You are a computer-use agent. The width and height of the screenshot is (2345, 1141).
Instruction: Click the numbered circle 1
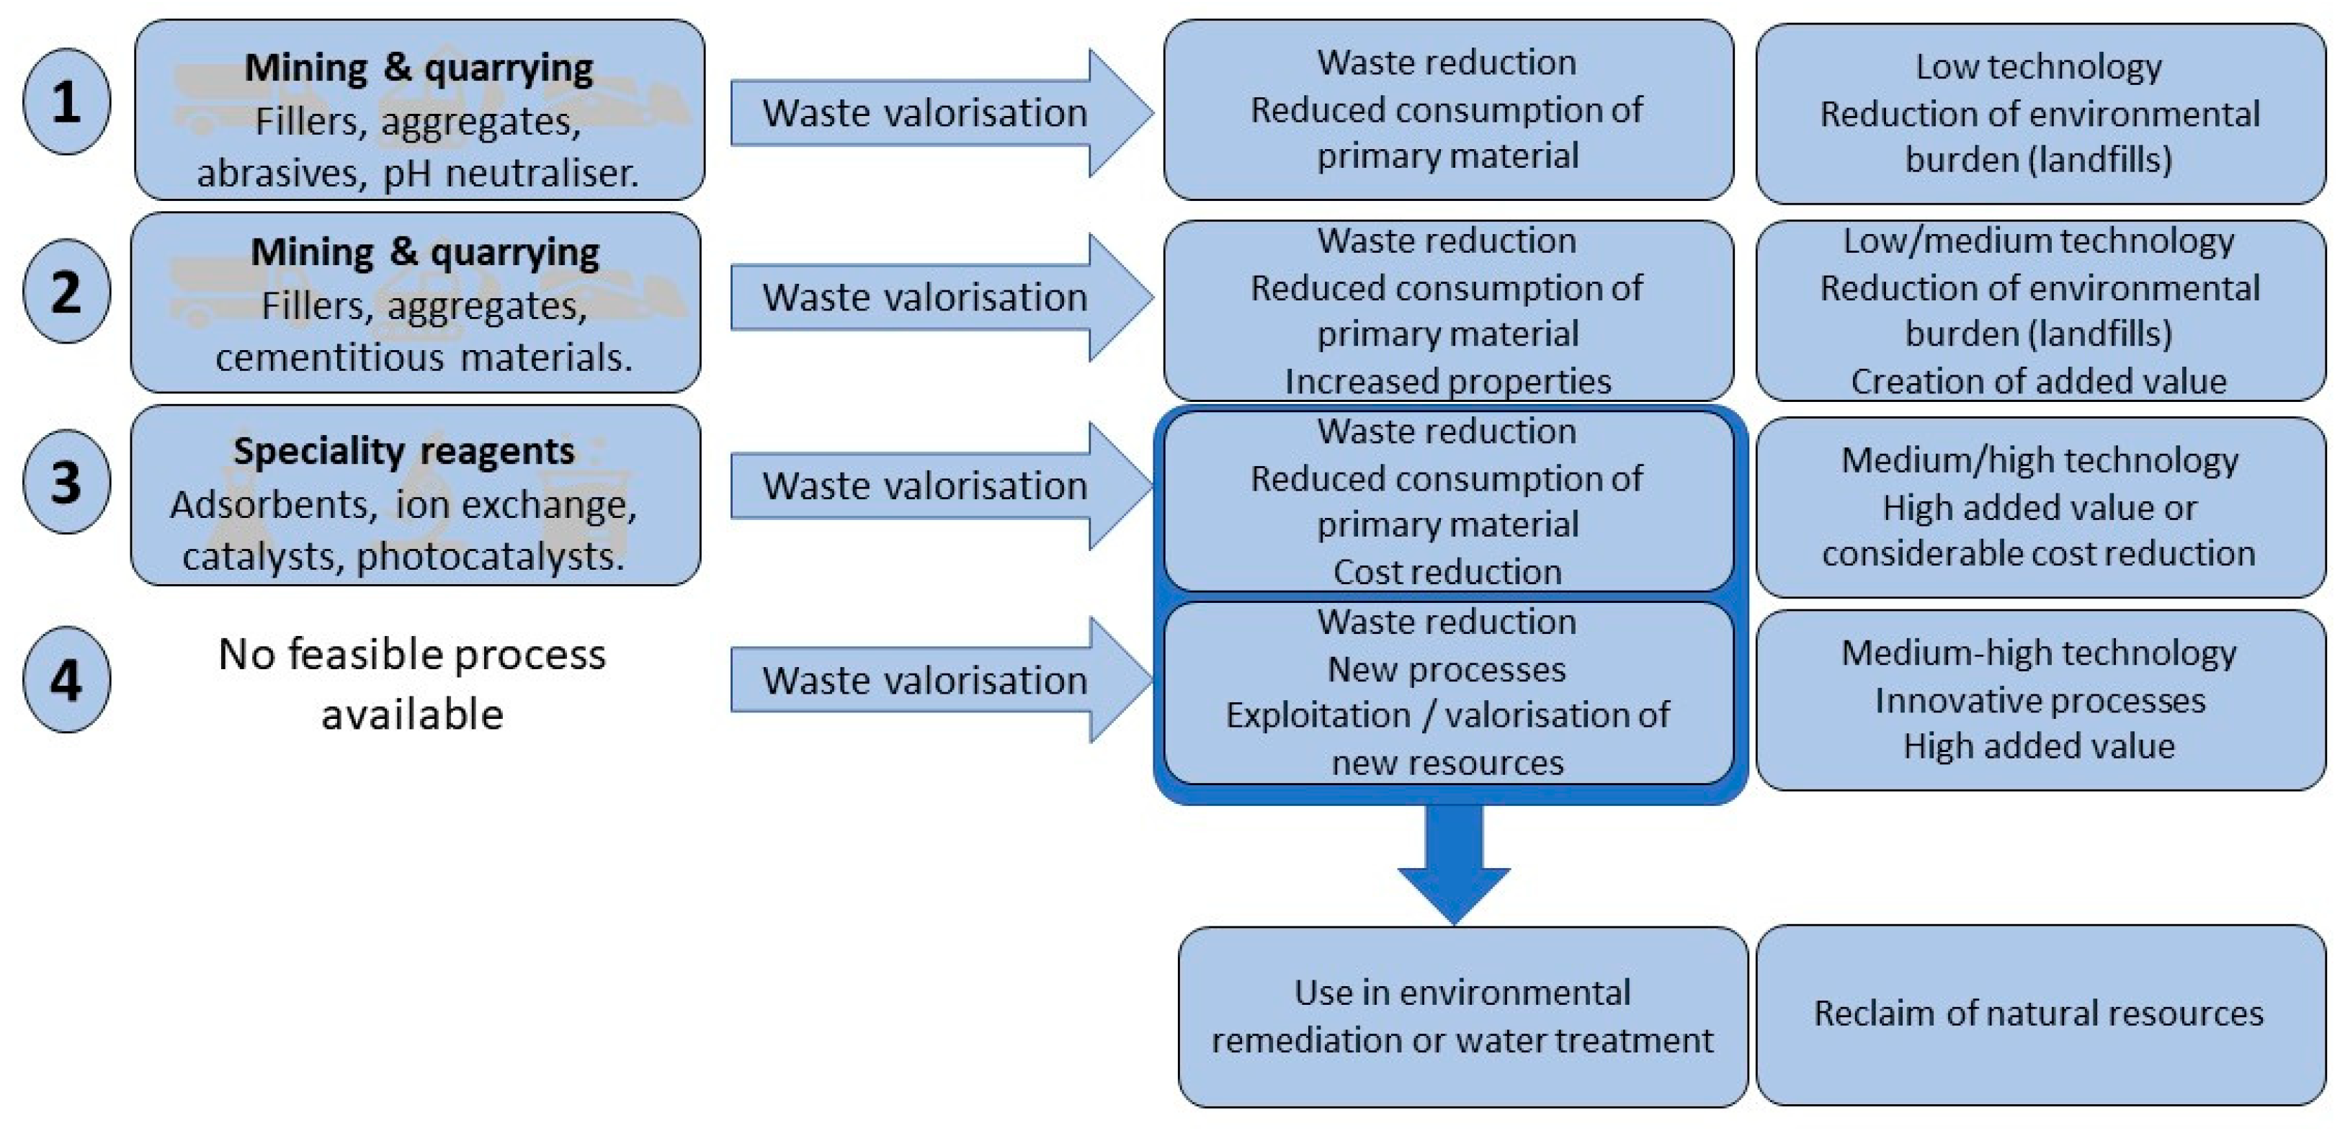click(66, 101)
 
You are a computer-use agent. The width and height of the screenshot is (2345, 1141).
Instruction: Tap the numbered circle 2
click(66, 292)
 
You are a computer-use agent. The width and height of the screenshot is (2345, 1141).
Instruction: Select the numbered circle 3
click(66, 482)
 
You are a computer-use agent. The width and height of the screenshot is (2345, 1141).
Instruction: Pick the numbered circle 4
click(66, 680)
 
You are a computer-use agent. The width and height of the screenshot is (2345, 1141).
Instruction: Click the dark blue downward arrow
click(1453, 864)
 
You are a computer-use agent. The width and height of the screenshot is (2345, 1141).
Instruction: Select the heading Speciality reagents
click(403, 452)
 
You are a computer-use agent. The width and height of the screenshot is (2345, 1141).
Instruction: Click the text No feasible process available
click(412, 684)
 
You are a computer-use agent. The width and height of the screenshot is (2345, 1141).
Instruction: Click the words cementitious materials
click(424, 357)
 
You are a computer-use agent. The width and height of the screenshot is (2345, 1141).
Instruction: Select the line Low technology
click(2038, 66)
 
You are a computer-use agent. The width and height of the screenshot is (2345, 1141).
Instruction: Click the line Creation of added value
click(2038, 381)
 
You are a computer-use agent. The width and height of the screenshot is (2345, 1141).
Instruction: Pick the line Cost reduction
click(1447, 571)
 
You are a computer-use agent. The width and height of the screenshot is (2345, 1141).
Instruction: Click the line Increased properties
click(1447, 381)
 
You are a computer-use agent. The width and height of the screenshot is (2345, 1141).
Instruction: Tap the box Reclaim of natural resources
click(2039, 1014)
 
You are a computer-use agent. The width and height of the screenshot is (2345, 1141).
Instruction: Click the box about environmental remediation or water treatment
click(1462, 1016)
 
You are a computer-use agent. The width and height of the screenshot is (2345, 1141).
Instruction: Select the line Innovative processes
click(2039, 701)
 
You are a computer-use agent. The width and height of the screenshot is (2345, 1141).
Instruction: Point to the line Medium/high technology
click(2039, 460)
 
